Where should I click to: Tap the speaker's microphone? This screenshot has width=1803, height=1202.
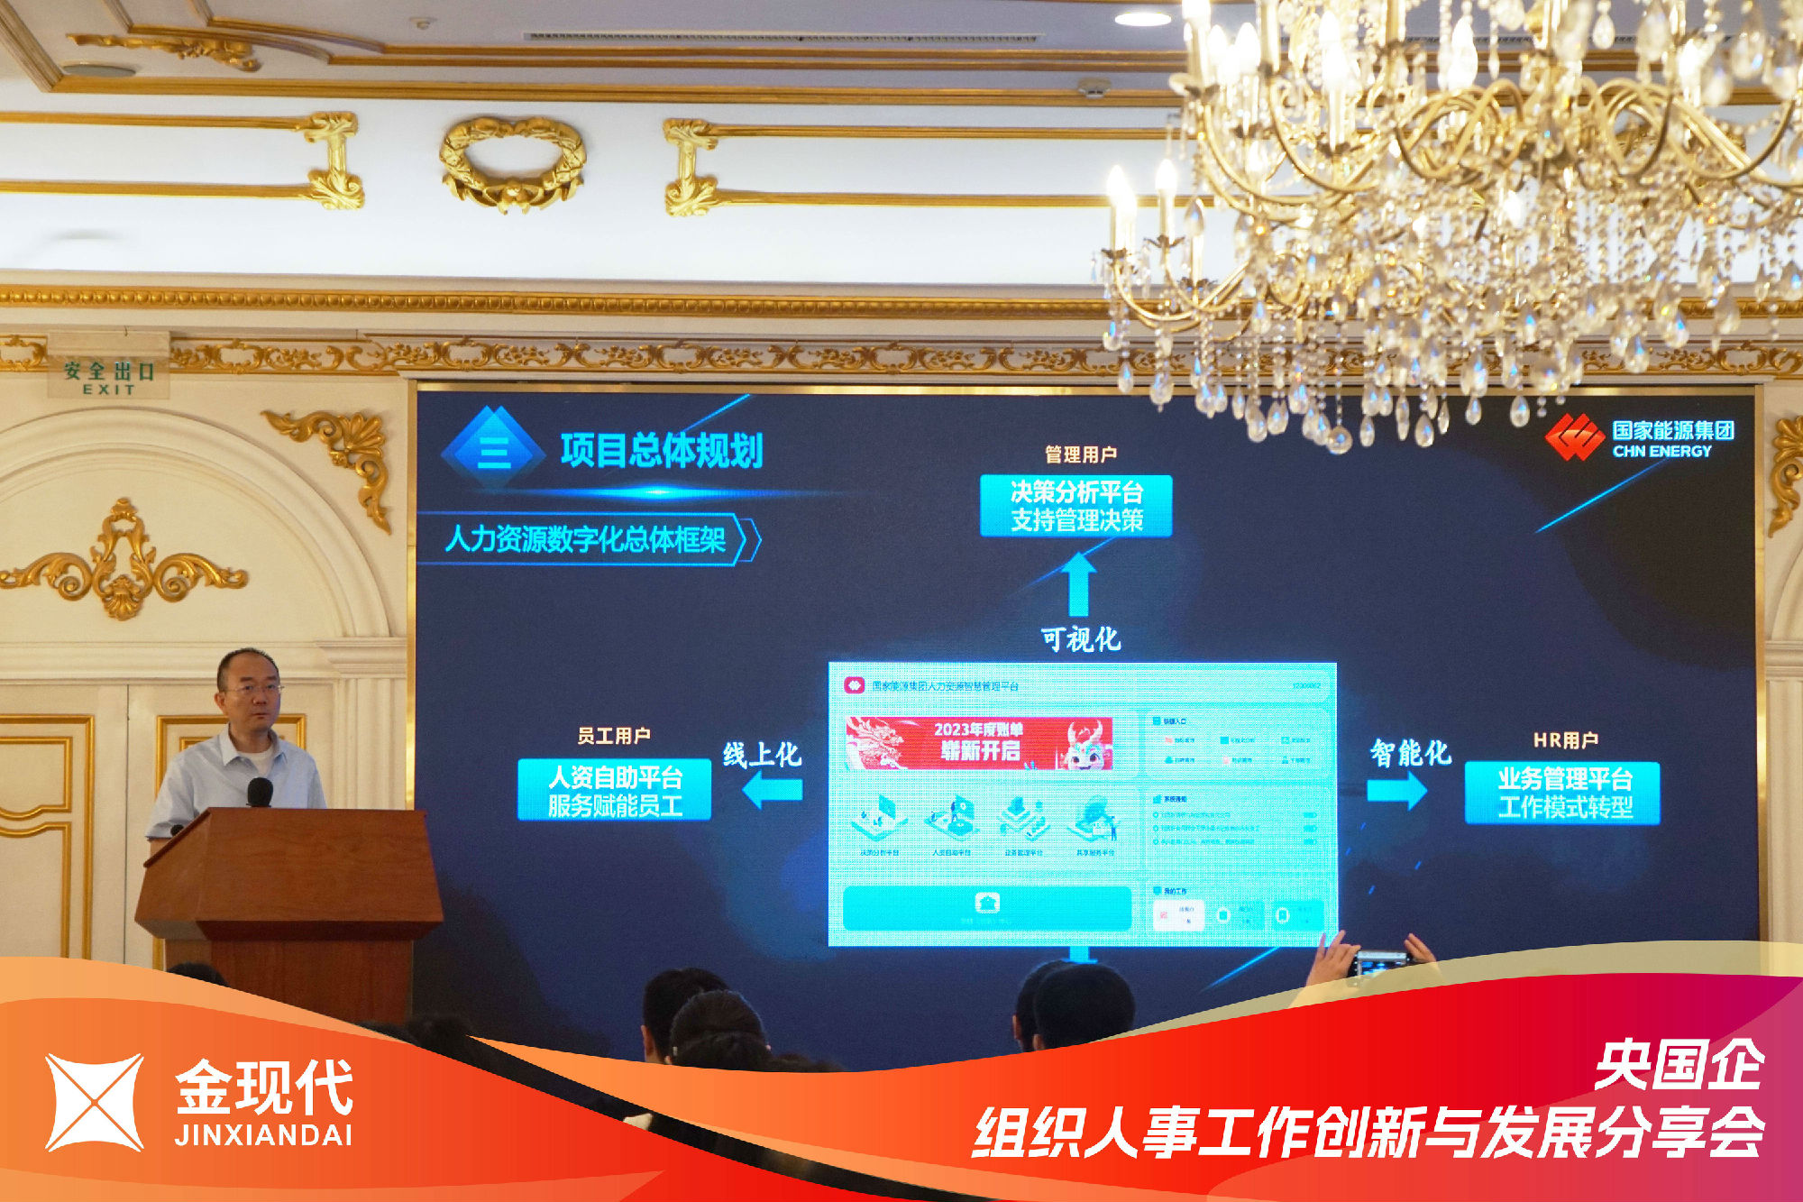[x=260, y=793]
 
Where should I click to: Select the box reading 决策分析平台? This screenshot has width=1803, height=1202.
[x=1076, y=506]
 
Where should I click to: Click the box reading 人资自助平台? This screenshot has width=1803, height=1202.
[x=615, y=791]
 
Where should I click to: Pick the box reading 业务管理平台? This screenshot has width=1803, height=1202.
[x=1563, y=793]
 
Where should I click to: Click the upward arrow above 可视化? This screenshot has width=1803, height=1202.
[x=1078, y=583]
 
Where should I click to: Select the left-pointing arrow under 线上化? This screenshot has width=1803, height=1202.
[x=773, y=791]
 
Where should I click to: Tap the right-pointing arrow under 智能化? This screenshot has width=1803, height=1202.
[x=1396, y=791]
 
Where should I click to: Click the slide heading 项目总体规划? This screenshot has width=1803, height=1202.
[x=661, y=450]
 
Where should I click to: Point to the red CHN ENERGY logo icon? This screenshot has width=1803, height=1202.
[x=1574, y=437]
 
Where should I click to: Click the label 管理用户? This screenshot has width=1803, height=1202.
[x=1080, y=454]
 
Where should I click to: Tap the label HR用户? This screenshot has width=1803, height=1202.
[x=1566, y=740]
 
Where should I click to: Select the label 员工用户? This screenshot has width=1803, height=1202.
[x=614, y=736]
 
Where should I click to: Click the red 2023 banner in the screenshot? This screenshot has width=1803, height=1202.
[x=979, y=742]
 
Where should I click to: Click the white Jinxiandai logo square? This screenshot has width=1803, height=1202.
[x=95, y=1102]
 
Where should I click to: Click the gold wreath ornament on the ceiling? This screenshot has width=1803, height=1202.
[x=512, y=163]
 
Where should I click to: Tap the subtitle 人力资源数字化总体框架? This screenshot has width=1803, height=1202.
[x=586, y=539]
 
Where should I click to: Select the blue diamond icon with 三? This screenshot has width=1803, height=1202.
[x=494, y=448]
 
